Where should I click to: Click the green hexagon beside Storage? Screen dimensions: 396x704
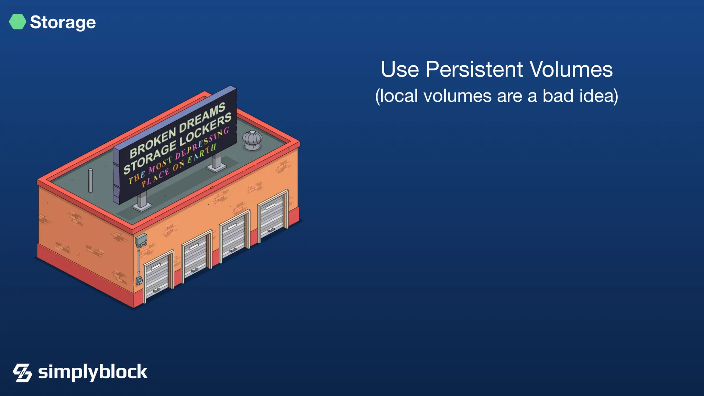18,22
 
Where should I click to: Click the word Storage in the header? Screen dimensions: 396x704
63,22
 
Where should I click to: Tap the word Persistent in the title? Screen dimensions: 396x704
474,70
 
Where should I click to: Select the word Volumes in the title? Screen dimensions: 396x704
571,70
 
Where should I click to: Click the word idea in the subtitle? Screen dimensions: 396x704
598,96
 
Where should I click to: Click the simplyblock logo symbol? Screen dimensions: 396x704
22,373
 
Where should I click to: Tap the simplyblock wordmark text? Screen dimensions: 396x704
92,372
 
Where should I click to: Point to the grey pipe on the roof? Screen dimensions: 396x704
90,180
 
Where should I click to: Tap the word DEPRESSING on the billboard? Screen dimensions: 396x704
201,144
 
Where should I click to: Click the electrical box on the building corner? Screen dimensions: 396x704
141,239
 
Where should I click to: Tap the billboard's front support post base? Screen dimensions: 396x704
142,206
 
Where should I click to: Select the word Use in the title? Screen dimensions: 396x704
400,70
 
